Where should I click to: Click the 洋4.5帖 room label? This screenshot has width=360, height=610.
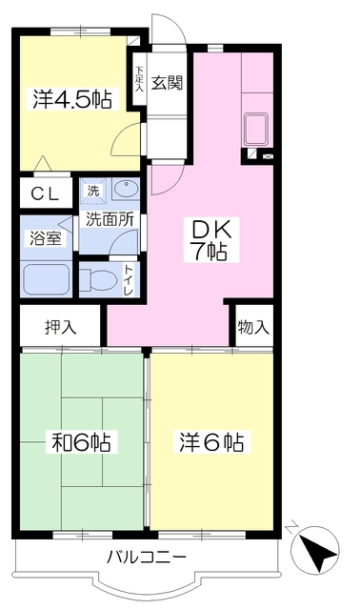pos(72,99)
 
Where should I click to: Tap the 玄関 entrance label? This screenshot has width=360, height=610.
pos(167,83)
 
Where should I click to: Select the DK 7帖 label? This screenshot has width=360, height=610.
pos(210,240)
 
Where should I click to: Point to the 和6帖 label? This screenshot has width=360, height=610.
pos(81,441)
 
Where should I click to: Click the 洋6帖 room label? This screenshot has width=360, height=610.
pos(211,441)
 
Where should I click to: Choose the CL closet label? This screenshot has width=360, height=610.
pos(45,193)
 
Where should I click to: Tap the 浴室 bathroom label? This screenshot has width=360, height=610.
pos(46,238)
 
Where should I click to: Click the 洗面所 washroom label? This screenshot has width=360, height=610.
pos(110,219)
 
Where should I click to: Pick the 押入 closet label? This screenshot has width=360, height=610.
pos(60,327)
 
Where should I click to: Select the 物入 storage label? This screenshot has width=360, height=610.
pos(253,327)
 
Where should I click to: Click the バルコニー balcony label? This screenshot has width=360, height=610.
pos(147,558)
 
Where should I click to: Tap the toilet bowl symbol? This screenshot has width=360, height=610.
pos(99,279)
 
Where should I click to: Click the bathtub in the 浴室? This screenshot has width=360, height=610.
pos(47,279)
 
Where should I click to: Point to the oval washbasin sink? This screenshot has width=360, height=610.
pos(127,191)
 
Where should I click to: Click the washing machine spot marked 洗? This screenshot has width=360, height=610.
pos(93,191)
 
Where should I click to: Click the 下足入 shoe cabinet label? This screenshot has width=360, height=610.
pos(139,79)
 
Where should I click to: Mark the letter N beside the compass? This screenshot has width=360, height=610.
pos(291,527)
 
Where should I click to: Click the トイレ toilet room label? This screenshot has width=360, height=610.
pos(129,280)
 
